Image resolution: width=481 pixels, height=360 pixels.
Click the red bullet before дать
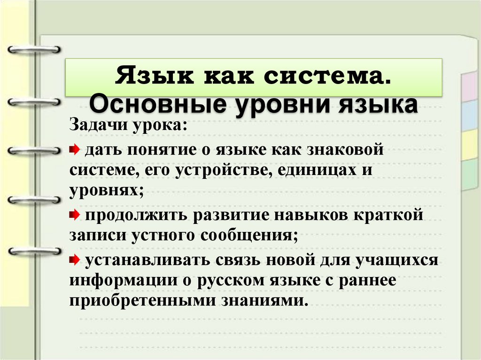pyautogui.click(x=75, y=150)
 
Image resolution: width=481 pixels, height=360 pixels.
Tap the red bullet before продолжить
pyautogui.click(x=75, y=215)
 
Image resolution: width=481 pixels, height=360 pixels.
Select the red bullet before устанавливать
pyautogui.click(x=75, y=259)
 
